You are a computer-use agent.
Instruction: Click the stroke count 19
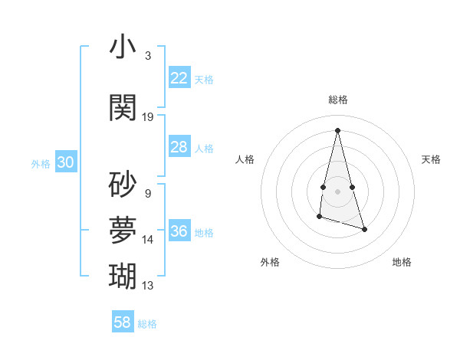[x=148, y=117]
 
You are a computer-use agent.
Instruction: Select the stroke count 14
[x=148, y=240]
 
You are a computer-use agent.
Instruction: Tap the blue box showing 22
[x=179, y=78]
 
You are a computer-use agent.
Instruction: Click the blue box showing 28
[x=179, y=147]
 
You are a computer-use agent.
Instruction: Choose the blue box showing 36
[x=179, y=231]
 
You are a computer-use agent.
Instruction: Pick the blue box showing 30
[x=65, y=162]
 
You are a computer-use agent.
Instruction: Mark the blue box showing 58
[x=123, y=322]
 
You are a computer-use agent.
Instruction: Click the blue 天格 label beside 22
[x=204, y=80]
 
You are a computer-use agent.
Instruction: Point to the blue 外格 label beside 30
[x=41, y=164]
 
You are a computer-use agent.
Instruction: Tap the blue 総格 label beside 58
[x=147, y=324]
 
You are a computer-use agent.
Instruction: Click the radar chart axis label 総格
[x=337, y=100]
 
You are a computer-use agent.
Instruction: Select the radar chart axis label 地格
[x=402, y=262]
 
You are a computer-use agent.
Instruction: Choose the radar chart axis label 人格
[x=245, y=159]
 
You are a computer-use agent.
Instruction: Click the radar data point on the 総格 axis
[x=337, y=129]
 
